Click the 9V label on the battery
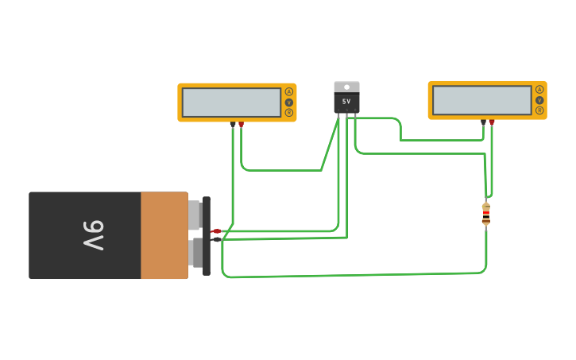pyautogui.click(x=94, y=235)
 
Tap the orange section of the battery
pyautogui.click(x=164, y=235)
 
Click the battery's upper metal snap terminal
pyautogui.click(x=195, y=215)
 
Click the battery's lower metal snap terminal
pyautogui.click(x=195, y=253)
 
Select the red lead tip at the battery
pyautogui.click(x=216, y=231)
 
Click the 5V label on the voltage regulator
pyautogui.click(x=346, y=102)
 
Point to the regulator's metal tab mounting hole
pyautogui.click(x=346, y=87)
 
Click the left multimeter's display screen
pyautogui.click(x=231, y=103)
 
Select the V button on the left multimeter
pyautogui.click(x=289, y=103)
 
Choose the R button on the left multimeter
pyautogui.click(x=289, y=113)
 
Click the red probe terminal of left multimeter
pyautogui.click(x=242, y=124)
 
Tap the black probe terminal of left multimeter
pyautogui.click(x=233, y=124)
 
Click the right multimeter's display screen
pyautogui.click(x=481, y=100)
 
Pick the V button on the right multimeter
pyautogui.click(x=539, y=100)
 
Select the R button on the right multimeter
pyautogui.click(x=539, y=110)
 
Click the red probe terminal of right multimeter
pyautogui.click(x=492, y=122)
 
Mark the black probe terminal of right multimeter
pyautogui.click(x=483, y=122)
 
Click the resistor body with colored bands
pyautogui.click(x=486, y=214)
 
